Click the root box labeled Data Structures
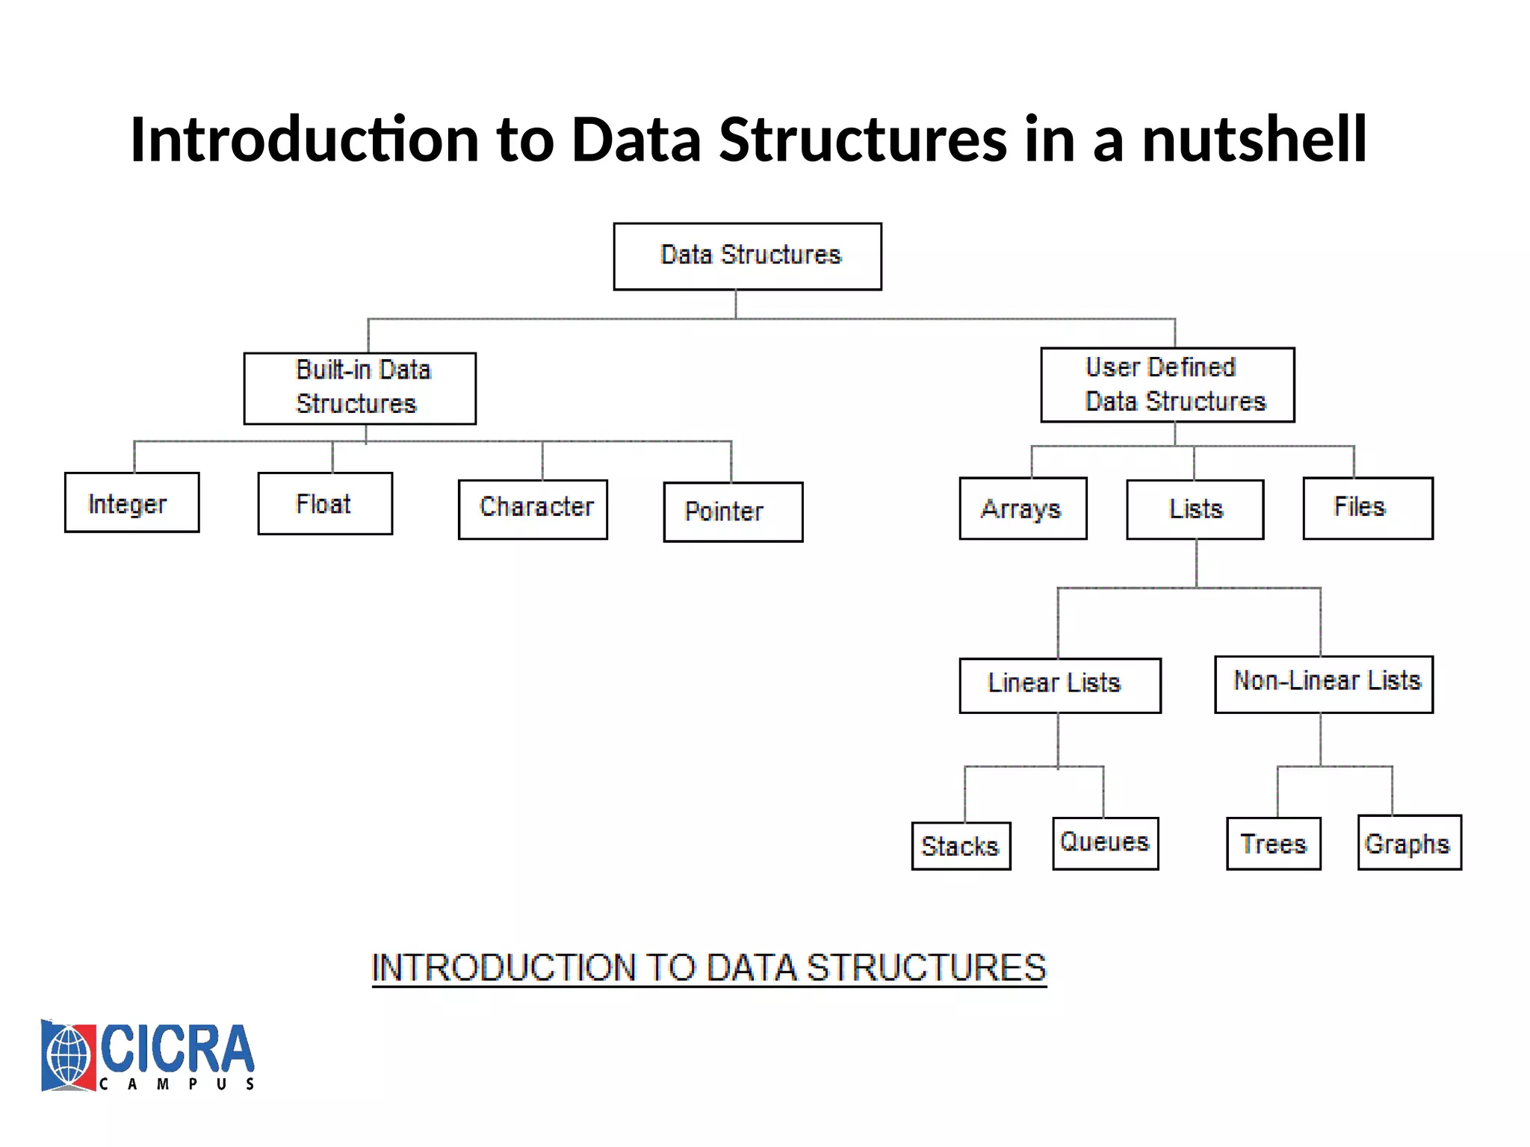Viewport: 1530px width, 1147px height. (x=747, y=256)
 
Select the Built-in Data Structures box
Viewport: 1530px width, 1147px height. (x=359, y=388)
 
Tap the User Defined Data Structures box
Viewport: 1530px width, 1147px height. (x=1167, y=385)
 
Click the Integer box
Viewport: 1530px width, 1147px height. (x=131, y=503)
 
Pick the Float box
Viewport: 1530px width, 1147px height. (x=325, y=503)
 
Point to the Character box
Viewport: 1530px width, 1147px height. (x=533, y=509)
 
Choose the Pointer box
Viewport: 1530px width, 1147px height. (x=733, y=512)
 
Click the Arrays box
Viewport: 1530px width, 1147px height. (x=1023, y=509)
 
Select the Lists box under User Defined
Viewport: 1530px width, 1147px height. (x=1195, y=509)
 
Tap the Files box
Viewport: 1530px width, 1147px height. (x=1367, y=508)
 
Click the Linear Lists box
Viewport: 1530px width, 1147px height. (x=1059, y=685)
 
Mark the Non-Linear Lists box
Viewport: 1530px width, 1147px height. (x=1323, y=684)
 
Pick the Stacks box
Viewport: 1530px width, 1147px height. (x=961, y=846)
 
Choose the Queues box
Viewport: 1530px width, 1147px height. (x=1105, y=843)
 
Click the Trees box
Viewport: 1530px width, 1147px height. (x=1273, y=844)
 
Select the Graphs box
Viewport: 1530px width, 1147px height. (x=1409, y=842)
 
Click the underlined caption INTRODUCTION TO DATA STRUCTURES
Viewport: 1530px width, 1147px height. (x=708, y=968)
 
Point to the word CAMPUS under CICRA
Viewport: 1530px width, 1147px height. (x=177, y=1084)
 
